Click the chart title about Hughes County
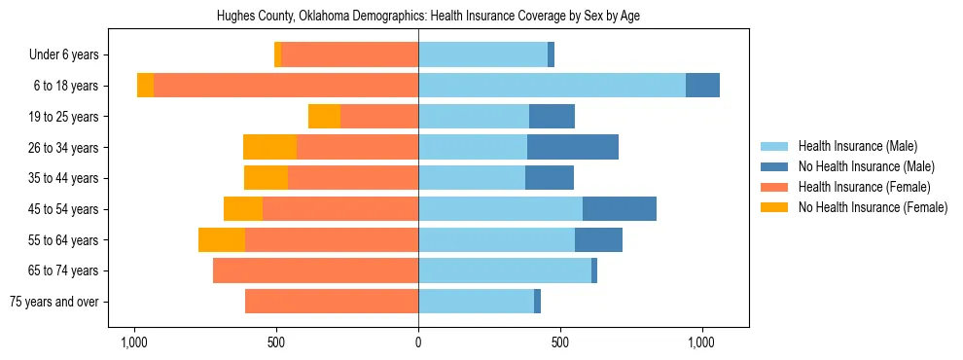(x=428, y=17)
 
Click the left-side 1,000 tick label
(x=133, y=343)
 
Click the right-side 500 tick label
(x=560, y=343)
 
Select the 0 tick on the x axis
(x=418, y=343)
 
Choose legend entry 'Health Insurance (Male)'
(x=857, y=146)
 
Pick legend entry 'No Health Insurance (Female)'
(x=873, y=207)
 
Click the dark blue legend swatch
(x=774, y=166)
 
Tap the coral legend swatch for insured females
(x=774, y=187)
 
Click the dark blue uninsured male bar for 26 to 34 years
(x=573, y=147)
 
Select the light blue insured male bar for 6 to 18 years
(x=552, y=86)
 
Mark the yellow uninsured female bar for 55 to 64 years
(x=222, y=239)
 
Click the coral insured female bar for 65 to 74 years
(x=315, y=270)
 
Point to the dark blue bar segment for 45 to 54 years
(x=620, y=209)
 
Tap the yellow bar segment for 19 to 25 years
(x=324, y=117)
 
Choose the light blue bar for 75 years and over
(x=476, y=302)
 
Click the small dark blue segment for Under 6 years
(x=551, y=55)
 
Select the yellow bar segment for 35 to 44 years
(x=266, y=178)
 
